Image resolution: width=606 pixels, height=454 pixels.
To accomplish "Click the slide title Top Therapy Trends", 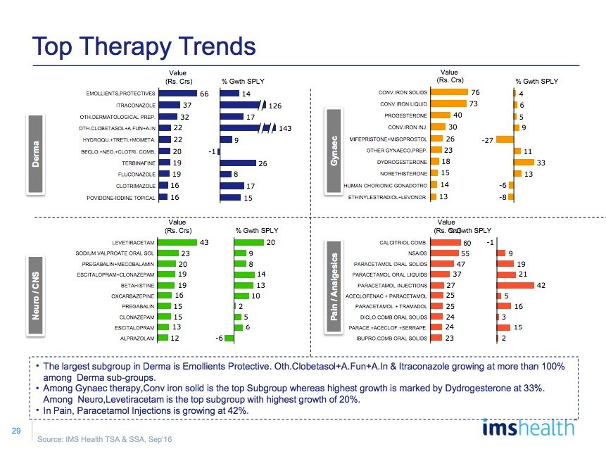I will (x=144, y=47).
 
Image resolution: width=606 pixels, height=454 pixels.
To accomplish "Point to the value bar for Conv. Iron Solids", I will (x=449, y=92).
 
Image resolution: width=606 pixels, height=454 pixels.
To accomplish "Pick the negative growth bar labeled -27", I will (x=505, y=139).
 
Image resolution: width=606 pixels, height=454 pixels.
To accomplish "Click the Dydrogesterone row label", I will (x=401, y=162).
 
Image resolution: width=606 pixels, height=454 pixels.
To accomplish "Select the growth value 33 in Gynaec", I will (x=541, y=162).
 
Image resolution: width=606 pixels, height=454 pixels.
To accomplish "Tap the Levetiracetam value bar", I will (x=179, y=242).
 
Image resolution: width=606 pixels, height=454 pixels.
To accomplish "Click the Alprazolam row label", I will (x=138, y=339).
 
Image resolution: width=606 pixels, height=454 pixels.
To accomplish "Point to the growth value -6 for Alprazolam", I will (x=220, y=339).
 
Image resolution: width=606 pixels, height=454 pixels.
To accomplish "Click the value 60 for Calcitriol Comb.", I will (x=467, y=243).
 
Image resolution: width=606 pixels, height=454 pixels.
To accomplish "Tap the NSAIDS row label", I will (x=416, y=253).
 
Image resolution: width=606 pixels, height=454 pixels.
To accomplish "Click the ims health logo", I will (x=528, y=427).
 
